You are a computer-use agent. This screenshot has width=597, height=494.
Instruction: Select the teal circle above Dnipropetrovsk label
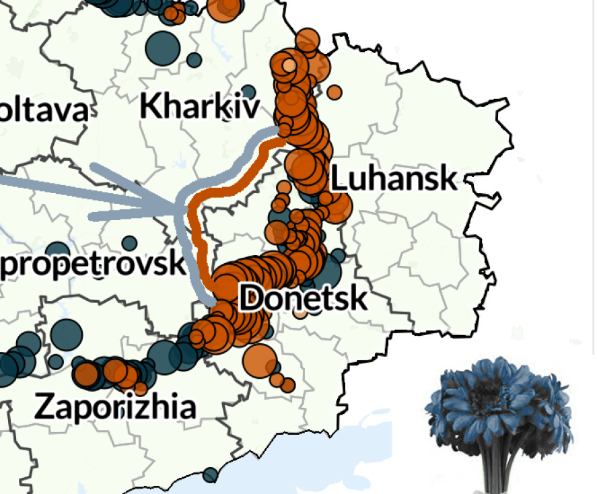(130, 243)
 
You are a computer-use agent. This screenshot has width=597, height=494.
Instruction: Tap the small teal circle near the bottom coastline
(211, 474)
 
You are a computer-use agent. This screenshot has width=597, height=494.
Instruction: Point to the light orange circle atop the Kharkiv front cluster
(288, 65)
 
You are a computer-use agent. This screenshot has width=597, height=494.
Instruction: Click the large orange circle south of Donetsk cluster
(257, 359)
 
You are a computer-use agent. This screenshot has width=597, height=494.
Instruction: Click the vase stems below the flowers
(498, 468)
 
